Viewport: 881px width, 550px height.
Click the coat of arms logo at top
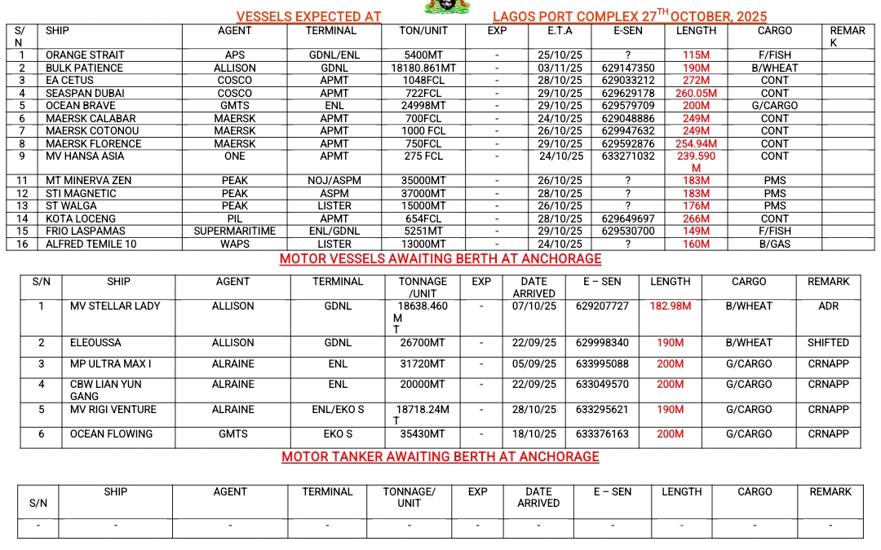point(442,7)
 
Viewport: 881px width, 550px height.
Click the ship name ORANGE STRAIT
point(85,55)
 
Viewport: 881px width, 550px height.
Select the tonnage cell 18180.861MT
point(423,68)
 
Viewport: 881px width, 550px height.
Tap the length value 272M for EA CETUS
point(696,81)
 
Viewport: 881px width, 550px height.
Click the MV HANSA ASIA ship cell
point(85,156)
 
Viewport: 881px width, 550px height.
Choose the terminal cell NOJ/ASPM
point(334,181)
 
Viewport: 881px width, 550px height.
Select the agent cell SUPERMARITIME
point(235,231)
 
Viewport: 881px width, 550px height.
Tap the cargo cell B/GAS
point(774,244)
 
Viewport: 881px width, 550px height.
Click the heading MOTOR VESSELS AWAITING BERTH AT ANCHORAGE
point(440,259)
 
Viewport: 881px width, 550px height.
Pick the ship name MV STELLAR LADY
point(115,306)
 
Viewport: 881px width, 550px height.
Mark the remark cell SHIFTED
point(828,343)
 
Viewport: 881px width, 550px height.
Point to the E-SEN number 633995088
point(602,364)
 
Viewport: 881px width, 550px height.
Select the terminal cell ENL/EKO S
point(338,410)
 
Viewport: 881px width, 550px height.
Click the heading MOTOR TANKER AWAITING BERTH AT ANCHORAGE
point(440,456)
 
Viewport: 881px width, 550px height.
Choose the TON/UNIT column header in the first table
point(423,31)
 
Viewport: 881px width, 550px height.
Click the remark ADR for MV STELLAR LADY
point(828,306)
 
